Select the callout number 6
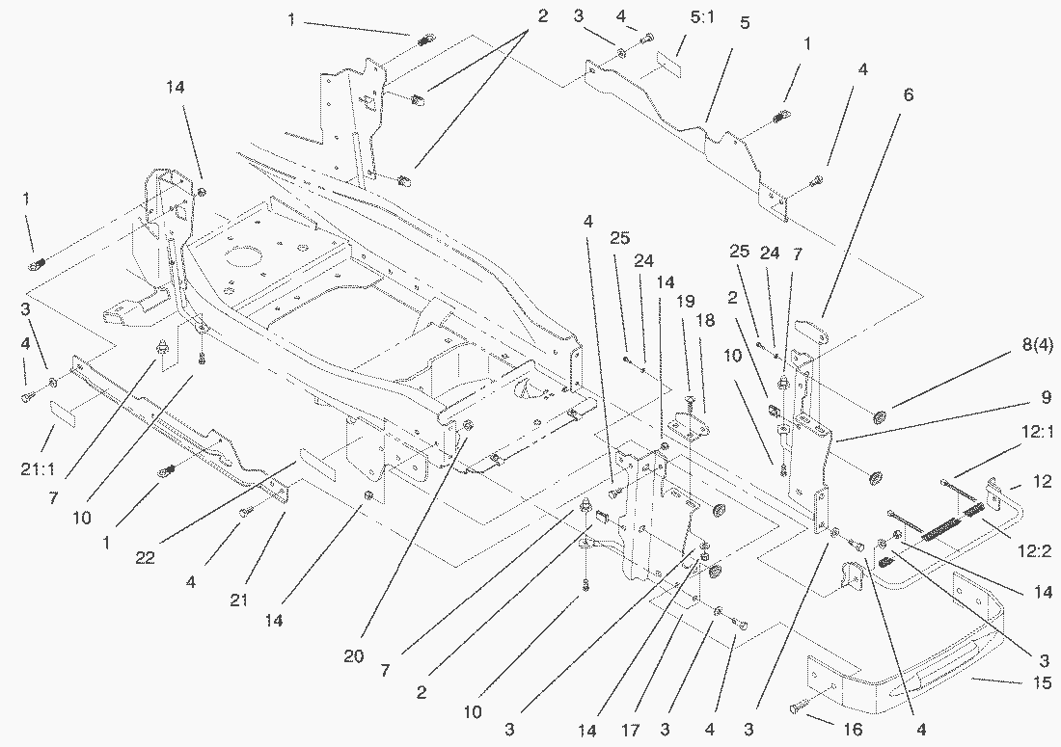click(907, 95)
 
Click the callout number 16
click(853, 730)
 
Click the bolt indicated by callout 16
click(797, 708)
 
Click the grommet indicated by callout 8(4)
click(879, 416)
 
